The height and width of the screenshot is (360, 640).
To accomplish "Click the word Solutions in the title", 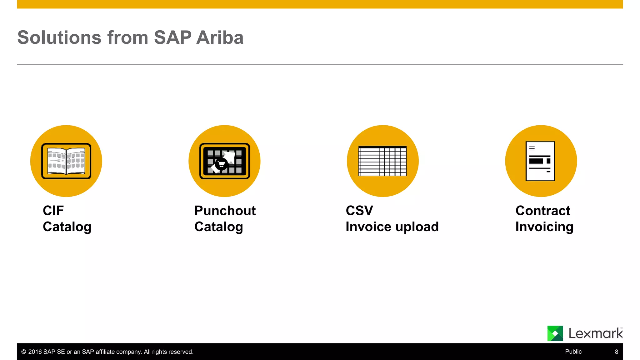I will [x=59, y=38].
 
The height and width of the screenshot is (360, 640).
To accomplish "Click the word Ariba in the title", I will [x=220, y=38].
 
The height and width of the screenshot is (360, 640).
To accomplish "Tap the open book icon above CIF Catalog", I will [x=66, y=161].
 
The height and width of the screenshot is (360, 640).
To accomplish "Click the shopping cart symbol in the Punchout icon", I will [x=222, y=164].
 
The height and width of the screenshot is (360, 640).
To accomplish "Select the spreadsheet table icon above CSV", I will [x=382, y=161].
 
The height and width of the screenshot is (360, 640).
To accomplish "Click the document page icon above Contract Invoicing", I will [x=540, y=161].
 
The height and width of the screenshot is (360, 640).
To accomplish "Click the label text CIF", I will [x=53, y=211].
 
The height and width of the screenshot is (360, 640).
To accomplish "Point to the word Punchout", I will [x=225, y=211].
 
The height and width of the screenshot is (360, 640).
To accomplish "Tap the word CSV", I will [x=359, y=211].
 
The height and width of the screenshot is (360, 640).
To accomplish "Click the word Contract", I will [x=543, y=211].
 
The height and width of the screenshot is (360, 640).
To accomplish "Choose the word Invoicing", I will [x=544, y=227].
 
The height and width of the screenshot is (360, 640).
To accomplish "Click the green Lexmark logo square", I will [x=555, y=333].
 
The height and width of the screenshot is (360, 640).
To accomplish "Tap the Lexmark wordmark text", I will [x=595, y=334].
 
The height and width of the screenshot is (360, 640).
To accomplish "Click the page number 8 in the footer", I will [x=617, y=352].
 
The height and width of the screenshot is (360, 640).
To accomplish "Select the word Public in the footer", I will [x=573, y=352].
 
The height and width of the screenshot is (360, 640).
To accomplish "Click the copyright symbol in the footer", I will [x=23, y=352].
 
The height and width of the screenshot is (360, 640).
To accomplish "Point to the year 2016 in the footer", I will [x=35, y=352].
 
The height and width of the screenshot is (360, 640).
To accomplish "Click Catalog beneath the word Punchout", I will [x=218, y=227].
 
